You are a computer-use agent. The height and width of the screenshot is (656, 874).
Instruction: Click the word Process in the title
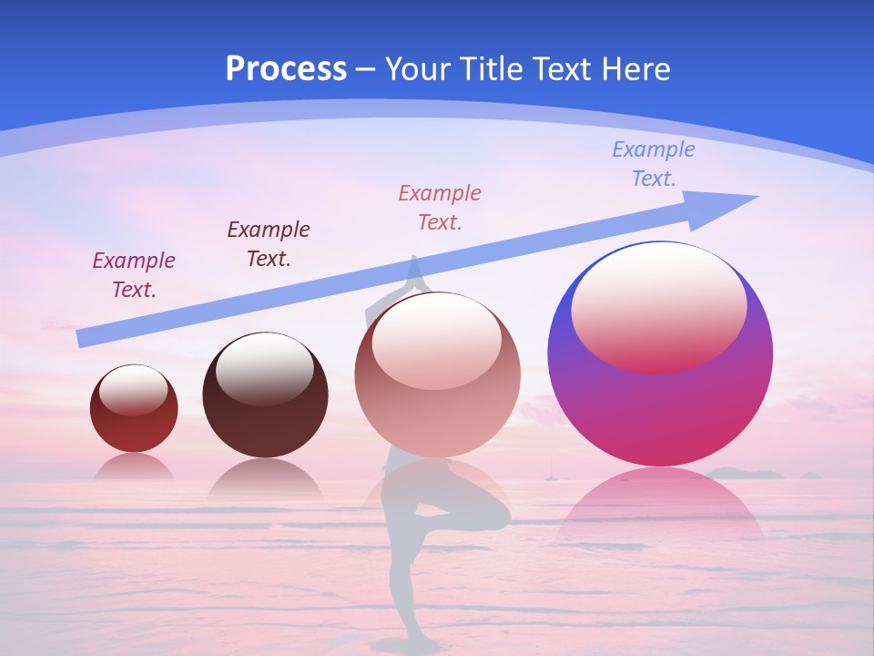pos(286,68)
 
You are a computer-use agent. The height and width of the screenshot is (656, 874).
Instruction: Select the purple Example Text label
pos(134,274)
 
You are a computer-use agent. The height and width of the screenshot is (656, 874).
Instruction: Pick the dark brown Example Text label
pos(268,243)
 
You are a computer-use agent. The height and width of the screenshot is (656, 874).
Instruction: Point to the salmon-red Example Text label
pos(440,207)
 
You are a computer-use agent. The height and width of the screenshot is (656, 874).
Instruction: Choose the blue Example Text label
pos(653,163)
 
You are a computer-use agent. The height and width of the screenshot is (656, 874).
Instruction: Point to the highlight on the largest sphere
pos(658,310)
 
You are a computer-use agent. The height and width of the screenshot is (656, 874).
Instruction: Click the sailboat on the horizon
pos(548,472)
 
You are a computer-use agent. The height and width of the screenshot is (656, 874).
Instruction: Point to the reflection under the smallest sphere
pos(134,466)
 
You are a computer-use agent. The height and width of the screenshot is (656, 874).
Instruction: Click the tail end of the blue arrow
pos(82,338)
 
